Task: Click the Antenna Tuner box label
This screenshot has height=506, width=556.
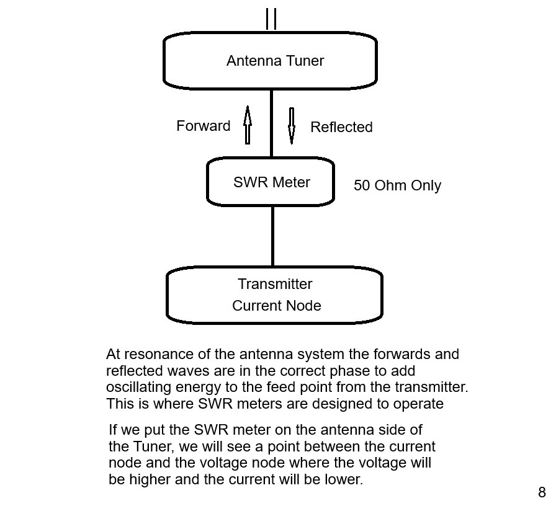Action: click(275, 61)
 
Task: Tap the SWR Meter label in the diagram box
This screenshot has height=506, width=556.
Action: click(271, 182)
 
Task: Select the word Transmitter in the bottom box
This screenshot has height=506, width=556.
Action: click(275, 284)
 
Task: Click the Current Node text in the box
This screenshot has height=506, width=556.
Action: click(276, 306)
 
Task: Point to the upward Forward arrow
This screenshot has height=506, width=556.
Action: click(248, 124)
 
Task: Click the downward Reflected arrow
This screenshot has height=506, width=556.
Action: click(292, 126)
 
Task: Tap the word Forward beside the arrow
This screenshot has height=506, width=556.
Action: click(203, 126)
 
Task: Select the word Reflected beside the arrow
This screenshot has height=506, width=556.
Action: click(341, 127)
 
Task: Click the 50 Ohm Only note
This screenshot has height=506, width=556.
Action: click(397, 185)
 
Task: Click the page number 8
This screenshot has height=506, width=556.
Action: click(542, 492)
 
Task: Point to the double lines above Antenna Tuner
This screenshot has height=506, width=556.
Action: click(271, 19)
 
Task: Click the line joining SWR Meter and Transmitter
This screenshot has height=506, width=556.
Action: click(272, 237)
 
